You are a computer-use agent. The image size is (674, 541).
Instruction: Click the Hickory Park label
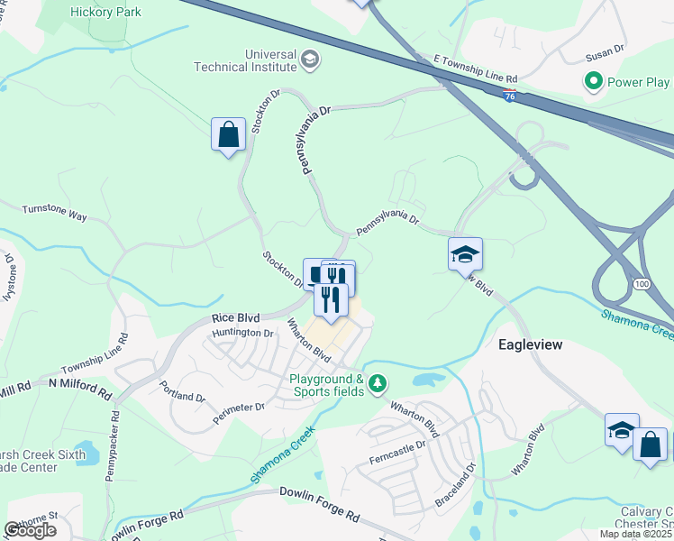click(105, 11)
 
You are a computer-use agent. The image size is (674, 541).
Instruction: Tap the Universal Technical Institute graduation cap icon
click(310, 60)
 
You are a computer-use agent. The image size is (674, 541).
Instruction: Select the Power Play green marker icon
click(594, 83)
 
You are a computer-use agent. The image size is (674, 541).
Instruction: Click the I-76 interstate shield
click(510, 96)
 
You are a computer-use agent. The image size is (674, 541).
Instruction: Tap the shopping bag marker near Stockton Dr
click(228, 135)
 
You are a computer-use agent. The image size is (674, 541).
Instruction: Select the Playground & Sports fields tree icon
click(379, 385)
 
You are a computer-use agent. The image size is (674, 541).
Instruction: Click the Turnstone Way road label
click(54, 211)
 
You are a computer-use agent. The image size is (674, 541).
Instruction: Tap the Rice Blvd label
click(236, 318)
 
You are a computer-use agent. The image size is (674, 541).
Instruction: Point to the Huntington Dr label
click(242, 334)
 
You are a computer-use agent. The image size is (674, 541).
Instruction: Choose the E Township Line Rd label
click(476, 68)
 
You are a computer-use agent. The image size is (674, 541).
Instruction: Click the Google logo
click(31, 530)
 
